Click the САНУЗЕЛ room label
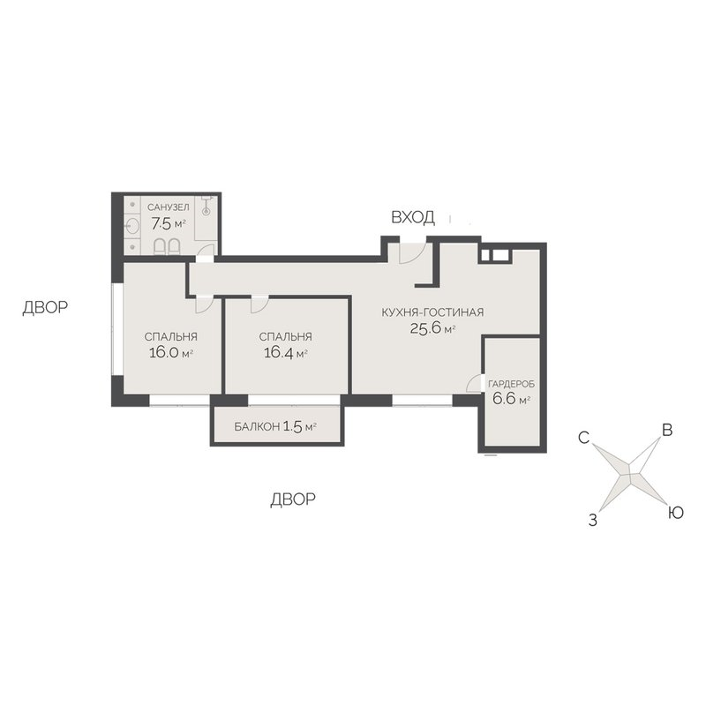tap(168, 207)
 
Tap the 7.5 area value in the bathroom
tap(161, 223)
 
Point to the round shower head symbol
tap(207, 211)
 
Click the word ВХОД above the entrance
tap(413, 217)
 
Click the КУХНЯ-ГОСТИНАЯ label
tap(432, 312)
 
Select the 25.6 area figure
tap(426, 327)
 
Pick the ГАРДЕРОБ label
tap(512, 385)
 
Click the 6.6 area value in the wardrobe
tap(504, 399)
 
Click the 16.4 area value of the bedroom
tap(279, 352)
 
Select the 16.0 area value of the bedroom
tap(164, 352)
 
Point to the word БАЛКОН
tap(257, 427)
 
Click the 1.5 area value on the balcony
tap(293, 426)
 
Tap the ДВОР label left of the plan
tap(45, 307)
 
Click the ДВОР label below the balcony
tap(293, 499)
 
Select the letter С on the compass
tap(584, 437)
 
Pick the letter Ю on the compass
tap(675, 513)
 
